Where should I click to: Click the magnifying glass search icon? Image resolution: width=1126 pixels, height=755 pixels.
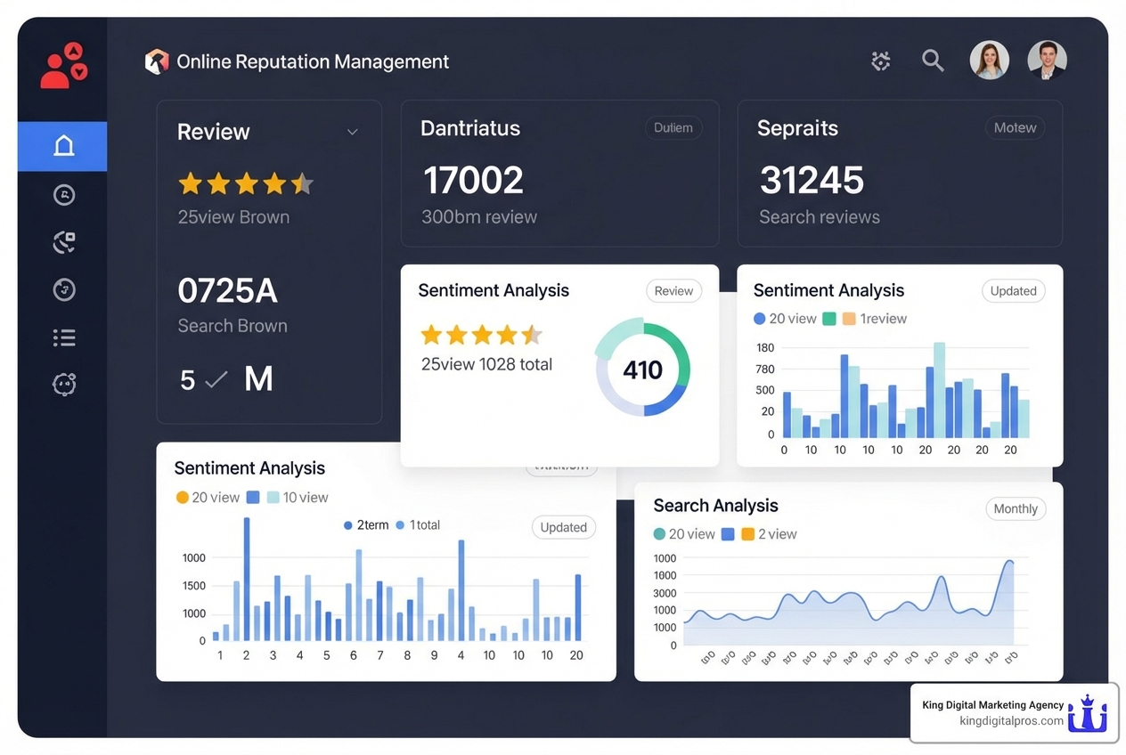[x=933, y=61]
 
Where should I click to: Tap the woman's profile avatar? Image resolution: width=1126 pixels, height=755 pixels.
[x=989, y=61]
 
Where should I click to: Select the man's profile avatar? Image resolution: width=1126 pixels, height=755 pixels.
[x=1047, y=61]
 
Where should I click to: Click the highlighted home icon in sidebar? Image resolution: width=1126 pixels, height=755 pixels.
[x=63, y=146]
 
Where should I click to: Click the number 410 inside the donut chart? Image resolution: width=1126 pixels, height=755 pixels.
[x=642, y=369]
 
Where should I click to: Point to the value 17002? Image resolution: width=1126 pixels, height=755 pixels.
[x=473, y=181]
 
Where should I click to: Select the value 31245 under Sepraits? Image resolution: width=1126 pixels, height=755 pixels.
[x=812, y=181]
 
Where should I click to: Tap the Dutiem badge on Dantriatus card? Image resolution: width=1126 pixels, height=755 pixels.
[x=673, y=128]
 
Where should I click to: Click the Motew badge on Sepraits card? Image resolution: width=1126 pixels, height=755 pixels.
[x=1015, y=128]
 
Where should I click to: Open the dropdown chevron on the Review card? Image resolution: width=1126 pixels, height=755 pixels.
[x=352, y=132]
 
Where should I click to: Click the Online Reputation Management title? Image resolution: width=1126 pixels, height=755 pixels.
[x=313, y=61]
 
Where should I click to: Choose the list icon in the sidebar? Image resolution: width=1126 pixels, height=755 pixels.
[x=64, y=337]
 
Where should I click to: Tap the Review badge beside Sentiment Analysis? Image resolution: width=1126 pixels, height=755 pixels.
[x=673, y=291]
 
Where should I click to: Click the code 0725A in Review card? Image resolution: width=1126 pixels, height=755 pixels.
[x=227, y=291]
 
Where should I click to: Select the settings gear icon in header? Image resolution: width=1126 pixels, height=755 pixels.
[x=881, y=61]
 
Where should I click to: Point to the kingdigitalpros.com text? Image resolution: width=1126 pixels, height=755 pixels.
[x=1011, y=721]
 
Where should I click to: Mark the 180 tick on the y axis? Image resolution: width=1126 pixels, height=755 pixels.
[x=765, y=346]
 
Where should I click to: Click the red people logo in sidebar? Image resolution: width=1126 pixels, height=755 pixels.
[x=63, y=67]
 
